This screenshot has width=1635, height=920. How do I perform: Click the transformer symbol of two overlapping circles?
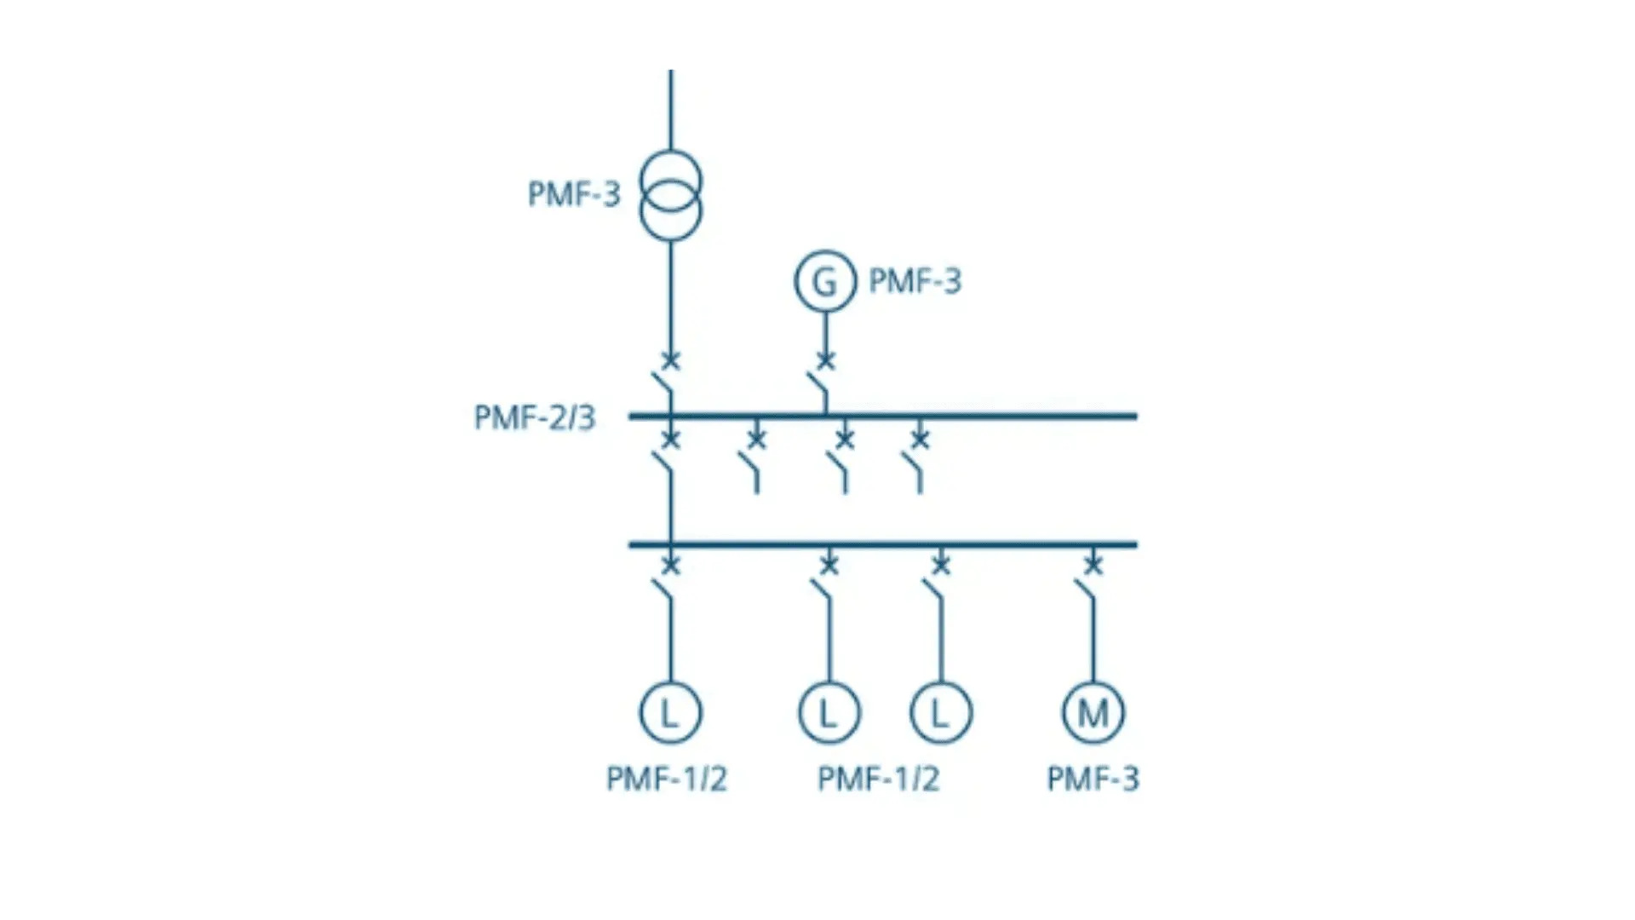coord(671,195)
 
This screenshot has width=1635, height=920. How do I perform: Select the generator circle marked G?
coord(824,281)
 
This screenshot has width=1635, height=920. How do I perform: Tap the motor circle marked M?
coord(1093,712)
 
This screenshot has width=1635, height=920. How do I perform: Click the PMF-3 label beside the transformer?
coord(574,194)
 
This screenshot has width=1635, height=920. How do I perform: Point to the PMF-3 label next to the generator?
coord(915,281)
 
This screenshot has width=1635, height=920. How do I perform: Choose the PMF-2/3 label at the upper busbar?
coord(534,417)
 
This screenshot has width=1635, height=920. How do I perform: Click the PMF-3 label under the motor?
coord(1093,779)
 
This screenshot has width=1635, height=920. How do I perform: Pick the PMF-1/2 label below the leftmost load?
coord(666,779)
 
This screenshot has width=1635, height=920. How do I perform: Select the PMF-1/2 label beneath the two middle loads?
coord(878,779)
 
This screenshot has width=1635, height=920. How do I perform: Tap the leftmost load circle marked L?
coord(671,712)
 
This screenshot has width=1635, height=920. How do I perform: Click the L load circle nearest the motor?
coord(941,712)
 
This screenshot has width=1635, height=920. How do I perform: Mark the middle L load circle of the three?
coord(829,712)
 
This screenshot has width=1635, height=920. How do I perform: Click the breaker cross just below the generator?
coord(825,360)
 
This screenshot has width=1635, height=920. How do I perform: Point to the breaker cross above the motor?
coord(1093,564)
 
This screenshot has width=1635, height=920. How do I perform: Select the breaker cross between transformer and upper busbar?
coord(671,360)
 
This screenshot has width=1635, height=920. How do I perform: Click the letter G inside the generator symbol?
coord(824,281)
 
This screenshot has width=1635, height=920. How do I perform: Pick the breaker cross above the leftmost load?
coord(671,564)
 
